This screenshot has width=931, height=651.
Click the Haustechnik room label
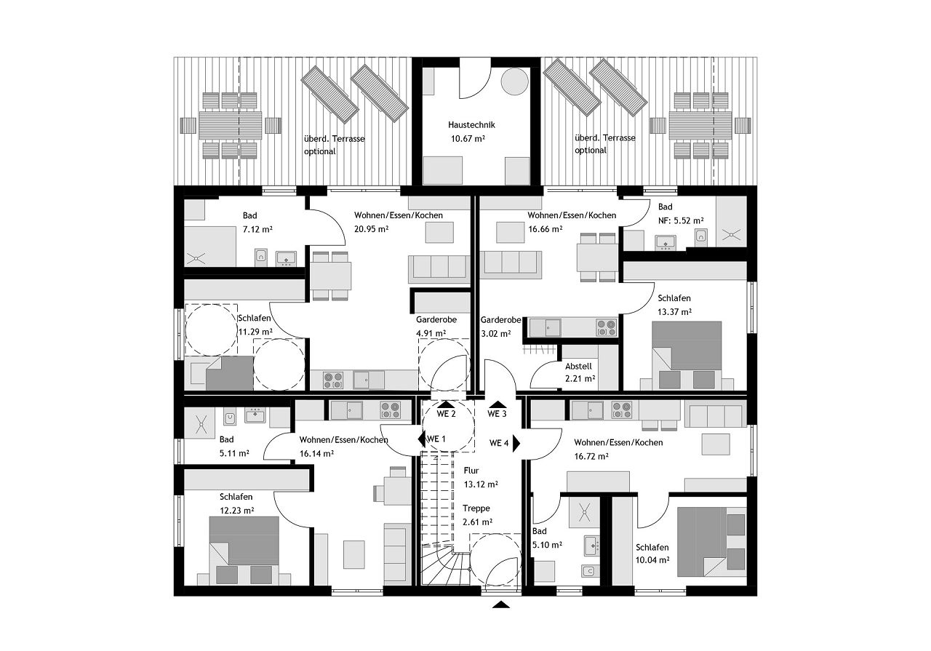coord(471,124)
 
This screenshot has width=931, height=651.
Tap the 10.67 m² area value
coord(468,138)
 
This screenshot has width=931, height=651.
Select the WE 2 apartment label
coord(446,414)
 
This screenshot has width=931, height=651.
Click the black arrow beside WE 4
coord(516,443)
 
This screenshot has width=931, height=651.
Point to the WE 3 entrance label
coord(497,414)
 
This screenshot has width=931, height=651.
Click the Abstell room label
coord(578,367)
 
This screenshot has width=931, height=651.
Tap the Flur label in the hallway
coord(471,470)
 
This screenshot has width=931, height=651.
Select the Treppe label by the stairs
coord(476,508)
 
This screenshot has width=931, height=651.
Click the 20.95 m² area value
coord(371,228)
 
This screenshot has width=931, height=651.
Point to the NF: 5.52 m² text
coord(681,220)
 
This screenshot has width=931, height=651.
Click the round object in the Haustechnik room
coord(514,81)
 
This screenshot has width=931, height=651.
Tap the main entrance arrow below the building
coord(501,604)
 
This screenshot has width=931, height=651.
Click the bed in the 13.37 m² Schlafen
coord(687,356)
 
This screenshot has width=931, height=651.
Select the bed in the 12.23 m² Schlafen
coord(244,551)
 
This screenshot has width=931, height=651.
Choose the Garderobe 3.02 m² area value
coord(495,333)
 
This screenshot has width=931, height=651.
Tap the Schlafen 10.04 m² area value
coord(652,560)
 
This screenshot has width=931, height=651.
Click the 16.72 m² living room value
coord(591,456)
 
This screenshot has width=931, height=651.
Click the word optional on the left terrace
coord(319,152)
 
